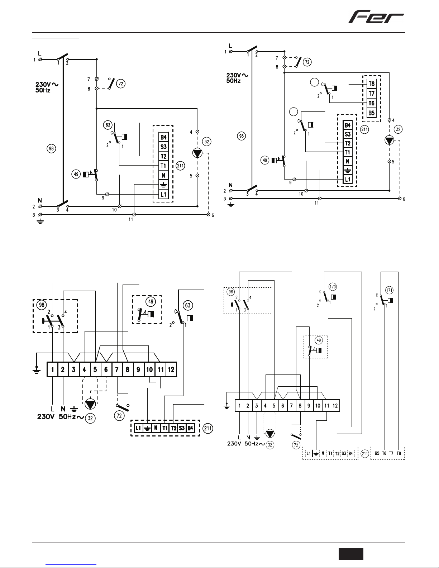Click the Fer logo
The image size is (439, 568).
(x=376, y=17)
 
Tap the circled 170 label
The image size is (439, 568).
(x=333, y=287)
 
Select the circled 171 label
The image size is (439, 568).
(x=389, y=290)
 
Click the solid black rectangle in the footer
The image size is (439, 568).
(x=351, y=554)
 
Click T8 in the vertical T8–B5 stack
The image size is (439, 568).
(x=372, y=84)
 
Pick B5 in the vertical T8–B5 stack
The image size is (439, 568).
(x=372, y=113)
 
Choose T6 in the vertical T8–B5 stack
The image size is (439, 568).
(x=372, y=103)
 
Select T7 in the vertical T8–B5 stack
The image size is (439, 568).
(x=372, y=94)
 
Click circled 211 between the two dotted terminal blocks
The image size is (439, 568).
(x=365, y=454)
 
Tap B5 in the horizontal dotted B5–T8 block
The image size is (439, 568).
(x=377, y=454)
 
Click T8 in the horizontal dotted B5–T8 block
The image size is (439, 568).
(x=399, y=454)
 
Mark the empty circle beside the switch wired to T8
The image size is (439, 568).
(x=314, y=82)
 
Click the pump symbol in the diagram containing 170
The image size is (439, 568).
(x=270, y=434)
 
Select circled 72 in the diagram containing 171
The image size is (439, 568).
(x=296, y=445)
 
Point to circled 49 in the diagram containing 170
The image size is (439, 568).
(x=319, y=340)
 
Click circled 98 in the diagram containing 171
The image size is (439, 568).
(x=230, y=292)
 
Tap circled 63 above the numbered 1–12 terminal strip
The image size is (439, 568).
(x=188, y=305)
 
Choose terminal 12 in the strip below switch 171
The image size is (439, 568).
(x=335, y=406)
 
